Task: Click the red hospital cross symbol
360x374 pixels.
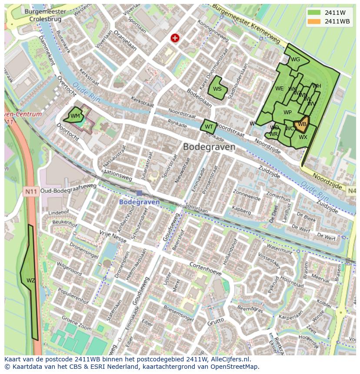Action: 175,38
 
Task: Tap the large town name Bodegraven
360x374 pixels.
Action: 209,147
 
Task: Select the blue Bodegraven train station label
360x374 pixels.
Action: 139,202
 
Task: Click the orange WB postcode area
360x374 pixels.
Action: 302,124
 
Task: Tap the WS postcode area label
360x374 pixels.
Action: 217,89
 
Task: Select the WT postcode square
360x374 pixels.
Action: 209,127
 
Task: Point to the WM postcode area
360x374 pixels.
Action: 75,116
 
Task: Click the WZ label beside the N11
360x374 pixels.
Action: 30,280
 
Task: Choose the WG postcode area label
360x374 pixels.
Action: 295,60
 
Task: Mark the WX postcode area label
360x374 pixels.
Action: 303,137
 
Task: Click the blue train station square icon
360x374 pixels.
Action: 139,193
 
